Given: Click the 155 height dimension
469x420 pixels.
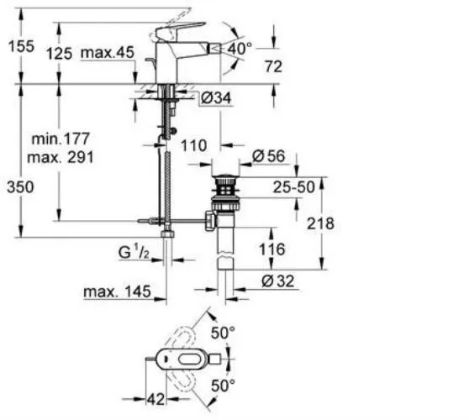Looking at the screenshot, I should click(x=18, y=48).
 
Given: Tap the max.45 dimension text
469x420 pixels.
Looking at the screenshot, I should click(x=108, y=54).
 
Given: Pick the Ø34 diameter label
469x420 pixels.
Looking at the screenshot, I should click(x=218, y=100).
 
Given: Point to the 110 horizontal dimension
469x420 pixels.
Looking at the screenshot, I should click(x=194, y=144).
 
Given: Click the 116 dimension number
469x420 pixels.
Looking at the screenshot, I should click(x=272, y=249).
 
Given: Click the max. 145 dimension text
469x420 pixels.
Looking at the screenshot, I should click(x=115, y=292).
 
